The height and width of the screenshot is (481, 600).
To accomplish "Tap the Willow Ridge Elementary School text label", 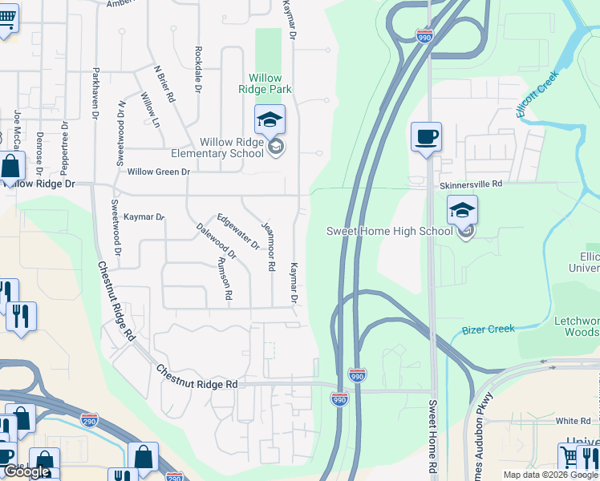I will coord(220,148).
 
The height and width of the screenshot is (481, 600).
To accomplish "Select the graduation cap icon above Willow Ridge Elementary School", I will coord(270,119).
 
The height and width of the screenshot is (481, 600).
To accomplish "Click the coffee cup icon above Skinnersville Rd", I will coord(426,136).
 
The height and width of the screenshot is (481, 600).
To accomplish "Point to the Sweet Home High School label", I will coord(390,231).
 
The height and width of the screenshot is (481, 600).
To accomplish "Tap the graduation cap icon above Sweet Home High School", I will coord(462,210).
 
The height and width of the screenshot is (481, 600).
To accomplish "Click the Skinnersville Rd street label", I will coord(470,184).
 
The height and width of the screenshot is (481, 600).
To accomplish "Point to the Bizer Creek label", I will coord(489,329).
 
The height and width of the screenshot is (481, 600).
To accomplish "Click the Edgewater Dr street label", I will coord(238,231).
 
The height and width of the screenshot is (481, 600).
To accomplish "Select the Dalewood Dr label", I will coord(216,241).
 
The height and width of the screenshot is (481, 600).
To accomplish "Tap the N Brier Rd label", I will coord(164,83).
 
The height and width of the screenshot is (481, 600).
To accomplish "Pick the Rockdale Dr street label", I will coord(197,67).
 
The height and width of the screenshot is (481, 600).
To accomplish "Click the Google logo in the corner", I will coord(26,471).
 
